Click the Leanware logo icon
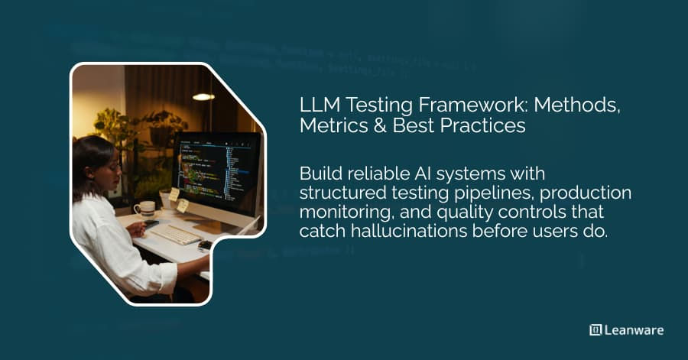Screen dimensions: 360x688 tap(596, 330)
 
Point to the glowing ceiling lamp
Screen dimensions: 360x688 tap(203, 97)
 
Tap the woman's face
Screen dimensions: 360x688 tap(106, 164)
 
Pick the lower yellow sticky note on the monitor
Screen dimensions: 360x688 tap(183, 206)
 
